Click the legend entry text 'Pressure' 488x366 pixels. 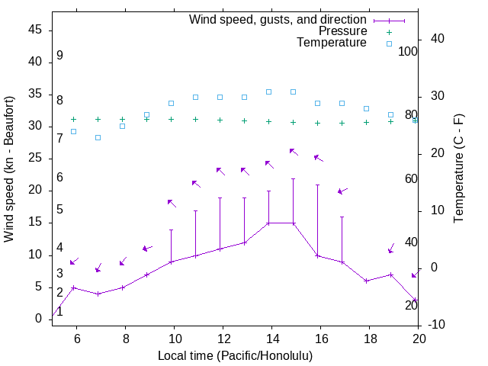coord(343,31)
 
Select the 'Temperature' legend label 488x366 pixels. coord(332,43)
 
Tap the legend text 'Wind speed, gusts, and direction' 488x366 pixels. coord(278,20)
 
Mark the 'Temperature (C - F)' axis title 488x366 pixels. coord(458,169)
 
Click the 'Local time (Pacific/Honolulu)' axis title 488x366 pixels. coord(235,355)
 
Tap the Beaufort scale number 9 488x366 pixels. coord(59,56)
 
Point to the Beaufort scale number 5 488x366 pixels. coord(59,209)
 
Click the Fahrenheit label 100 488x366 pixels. coord(409,52)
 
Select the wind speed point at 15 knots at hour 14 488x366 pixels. coord(268,223)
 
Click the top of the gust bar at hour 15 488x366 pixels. coord(293,178)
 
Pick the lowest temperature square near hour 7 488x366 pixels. coord(98,137)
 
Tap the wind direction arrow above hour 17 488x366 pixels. coord(342,190)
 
